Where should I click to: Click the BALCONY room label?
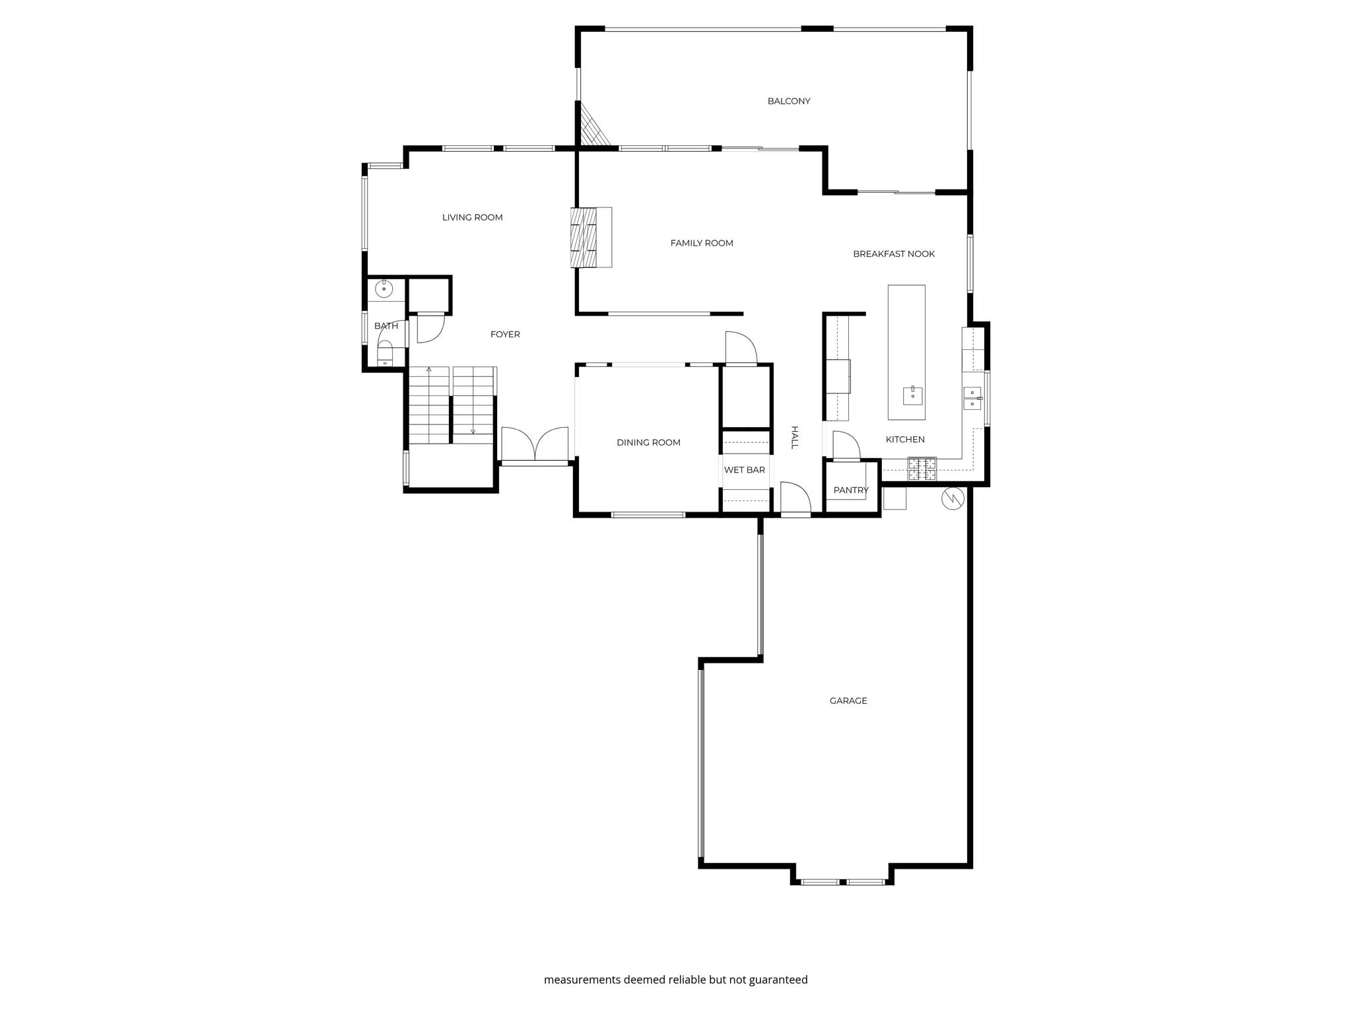point(788,101)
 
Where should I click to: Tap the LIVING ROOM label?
point(472,217)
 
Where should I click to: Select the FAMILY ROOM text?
point(702,243)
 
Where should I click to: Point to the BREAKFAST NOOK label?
point(894,253)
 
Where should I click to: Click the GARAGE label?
point(848,700)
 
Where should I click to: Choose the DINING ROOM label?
point(648,442)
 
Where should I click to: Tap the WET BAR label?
point(744,470)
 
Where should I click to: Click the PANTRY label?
point(851,490)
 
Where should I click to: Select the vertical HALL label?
point(795,437)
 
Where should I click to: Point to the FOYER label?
point(505,334)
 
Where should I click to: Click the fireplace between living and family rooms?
point(591,237)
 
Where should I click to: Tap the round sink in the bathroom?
point(384,289)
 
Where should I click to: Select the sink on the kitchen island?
point(912,395)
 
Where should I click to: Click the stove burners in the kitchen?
point(922,469)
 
